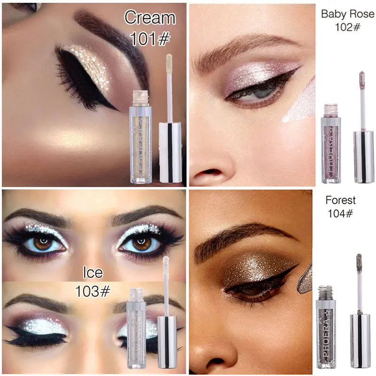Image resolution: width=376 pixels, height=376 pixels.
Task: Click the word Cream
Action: click(x=149, y=18)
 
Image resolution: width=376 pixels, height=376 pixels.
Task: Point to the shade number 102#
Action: click(x=347, y=27)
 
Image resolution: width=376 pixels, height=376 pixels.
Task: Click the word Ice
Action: click(x=93, y=273)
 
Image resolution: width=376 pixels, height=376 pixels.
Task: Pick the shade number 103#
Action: click(x=93, y=291)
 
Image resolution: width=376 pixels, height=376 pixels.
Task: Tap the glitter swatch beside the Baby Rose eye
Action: click(x=301, y=101)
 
